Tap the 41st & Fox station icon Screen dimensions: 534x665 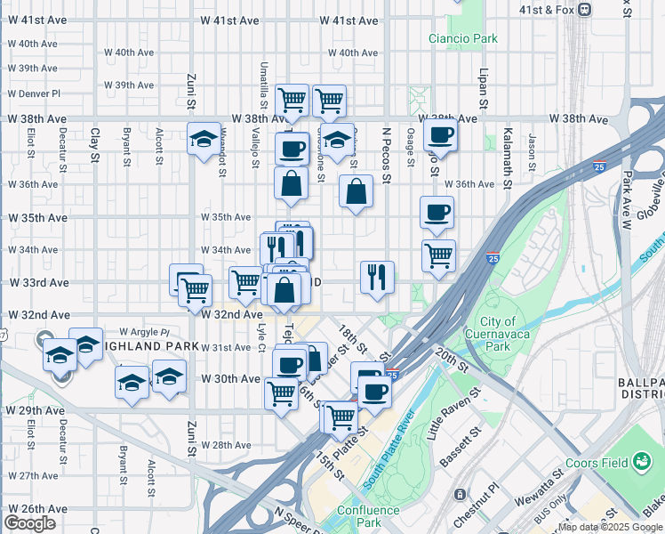tap(584, 9)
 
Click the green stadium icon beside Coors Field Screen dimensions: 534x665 tap(642, 461)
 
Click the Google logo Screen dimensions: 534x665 tap(29, 523)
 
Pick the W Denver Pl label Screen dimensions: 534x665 tap(34, 93)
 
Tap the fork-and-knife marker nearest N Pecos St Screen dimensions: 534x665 tap(377, 277)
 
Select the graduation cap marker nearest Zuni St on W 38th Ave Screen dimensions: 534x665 tap(204, 139)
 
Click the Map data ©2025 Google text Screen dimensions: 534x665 tap(610, 527)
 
